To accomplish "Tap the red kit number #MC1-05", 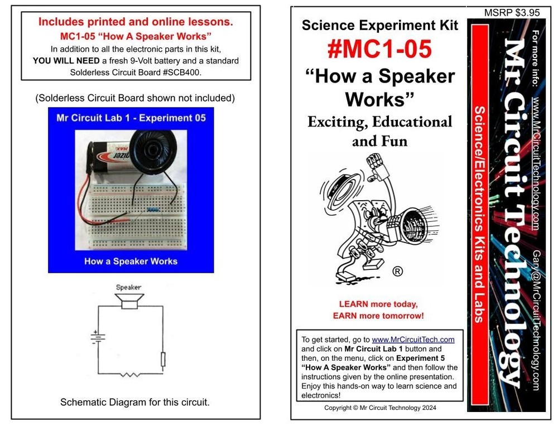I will point(379,49).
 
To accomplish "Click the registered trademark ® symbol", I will point(397,272).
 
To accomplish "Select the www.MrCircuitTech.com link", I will point(413,340).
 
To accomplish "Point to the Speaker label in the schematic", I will point(128,288).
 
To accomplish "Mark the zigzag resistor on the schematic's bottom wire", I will point(130,374).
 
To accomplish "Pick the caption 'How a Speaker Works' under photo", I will point(131,261).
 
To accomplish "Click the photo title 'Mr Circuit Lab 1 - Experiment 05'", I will point(131,118).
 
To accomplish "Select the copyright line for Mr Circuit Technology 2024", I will point(380,408).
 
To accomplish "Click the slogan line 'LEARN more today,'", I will point(378,304).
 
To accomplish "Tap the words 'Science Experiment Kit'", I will point(379,25).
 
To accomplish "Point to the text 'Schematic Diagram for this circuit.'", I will point(135,402).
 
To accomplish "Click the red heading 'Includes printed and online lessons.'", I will point(136,23).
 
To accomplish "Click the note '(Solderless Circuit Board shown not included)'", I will point(135,98).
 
